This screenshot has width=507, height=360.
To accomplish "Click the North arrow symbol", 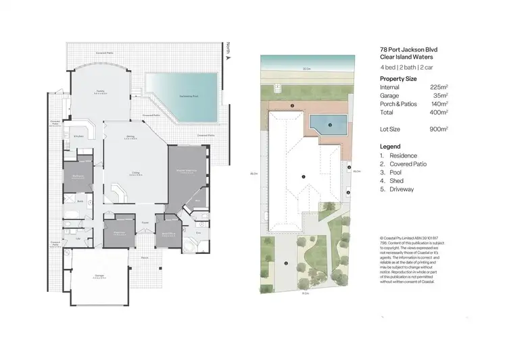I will pos(228,58).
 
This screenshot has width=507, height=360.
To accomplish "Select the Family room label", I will pos(100,90).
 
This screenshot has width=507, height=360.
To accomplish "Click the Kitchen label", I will pos(78,136).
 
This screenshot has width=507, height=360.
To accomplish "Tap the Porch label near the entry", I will pos(145,257).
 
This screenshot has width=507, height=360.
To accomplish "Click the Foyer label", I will pos(145,222).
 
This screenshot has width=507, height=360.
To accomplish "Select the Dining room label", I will pos(130,136).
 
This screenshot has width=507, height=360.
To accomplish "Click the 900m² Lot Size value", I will pos(440,128).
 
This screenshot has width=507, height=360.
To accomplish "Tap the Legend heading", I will pos(390,146).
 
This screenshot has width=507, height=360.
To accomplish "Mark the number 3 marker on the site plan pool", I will pos(329,124).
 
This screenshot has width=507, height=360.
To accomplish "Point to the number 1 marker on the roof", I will pos(304,177).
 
